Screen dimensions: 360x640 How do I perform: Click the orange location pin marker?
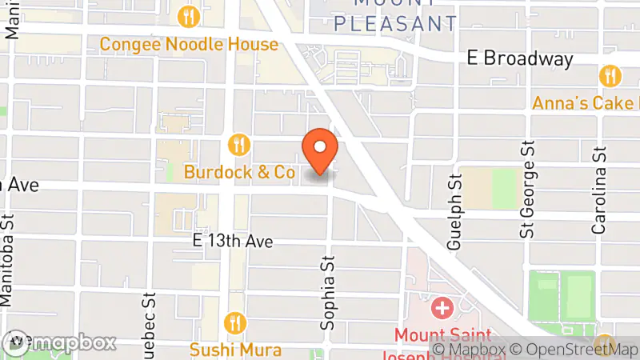(320, 150)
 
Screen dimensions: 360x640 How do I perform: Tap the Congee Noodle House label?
(189, 44)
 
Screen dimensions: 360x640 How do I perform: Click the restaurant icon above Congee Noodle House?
(189, 15)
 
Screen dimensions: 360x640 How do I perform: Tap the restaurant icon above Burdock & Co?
(238, 144)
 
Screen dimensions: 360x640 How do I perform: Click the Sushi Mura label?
(235, 350)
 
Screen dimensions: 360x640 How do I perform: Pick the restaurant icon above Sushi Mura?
(235, 322)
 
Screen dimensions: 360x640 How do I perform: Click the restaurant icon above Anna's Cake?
(610, 76)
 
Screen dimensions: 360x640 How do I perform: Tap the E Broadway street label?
(520, 58)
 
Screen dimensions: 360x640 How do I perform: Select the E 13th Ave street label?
(234, 240)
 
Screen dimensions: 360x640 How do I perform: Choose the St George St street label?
(526, 190)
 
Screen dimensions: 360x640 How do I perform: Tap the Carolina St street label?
(598, 190)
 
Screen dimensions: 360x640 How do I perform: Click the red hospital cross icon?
(441, 307)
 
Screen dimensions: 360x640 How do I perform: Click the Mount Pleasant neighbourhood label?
(395, 16)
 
